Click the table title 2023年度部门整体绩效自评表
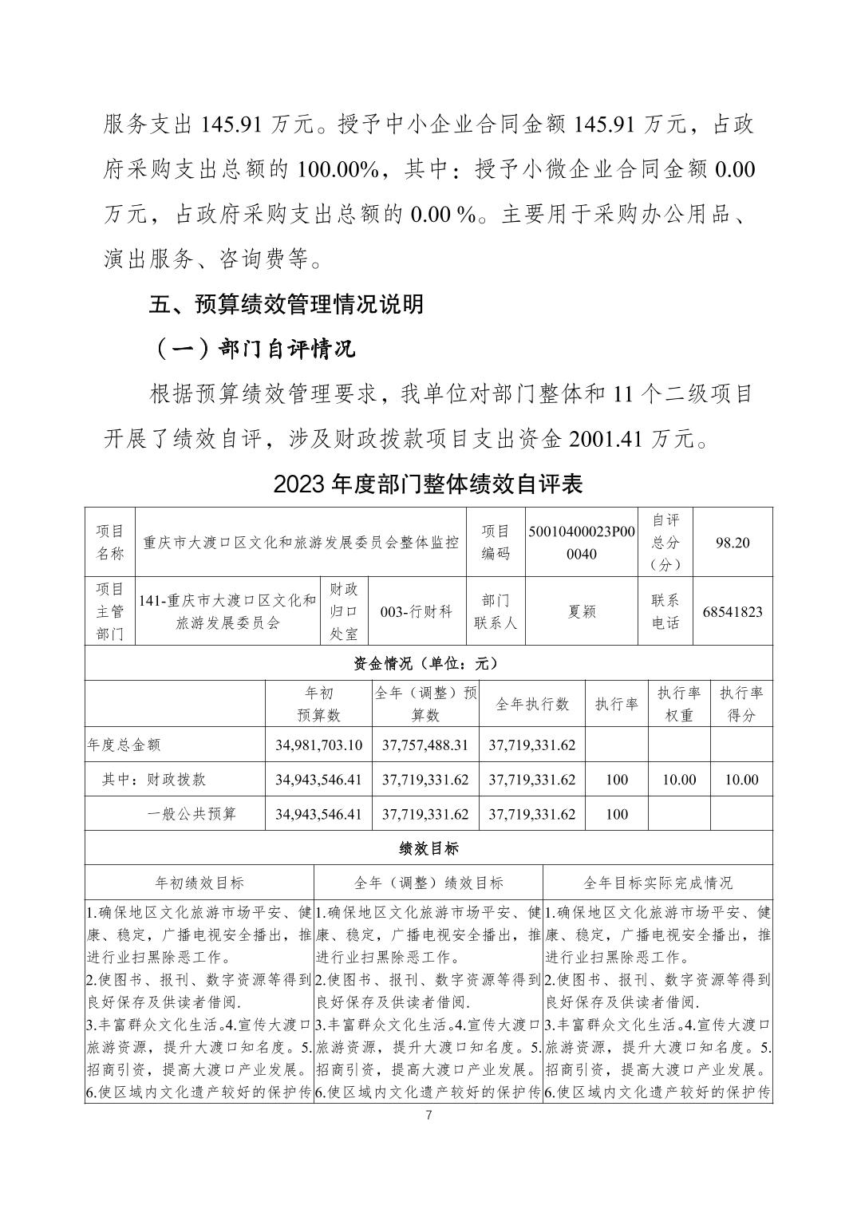pos(428,484)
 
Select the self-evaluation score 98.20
pos(733,542)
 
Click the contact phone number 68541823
pos(733,611)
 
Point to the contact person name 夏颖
pos(582,611)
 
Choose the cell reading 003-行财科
pos(417,611)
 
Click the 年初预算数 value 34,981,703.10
pos(318,745)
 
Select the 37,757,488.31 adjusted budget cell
pos(425,745)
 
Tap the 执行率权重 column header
pos(678,704)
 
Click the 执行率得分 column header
pos(741,704)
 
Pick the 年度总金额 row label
pos(124,745)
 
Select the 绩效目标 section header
pos(428,848)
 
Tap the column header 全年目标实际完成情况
pos(658,883)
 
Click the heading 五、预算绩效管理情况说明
pos(287,304)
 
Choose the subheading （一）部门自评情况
pos(254,349)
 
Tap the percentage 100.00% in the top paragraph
pos(338,170)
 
